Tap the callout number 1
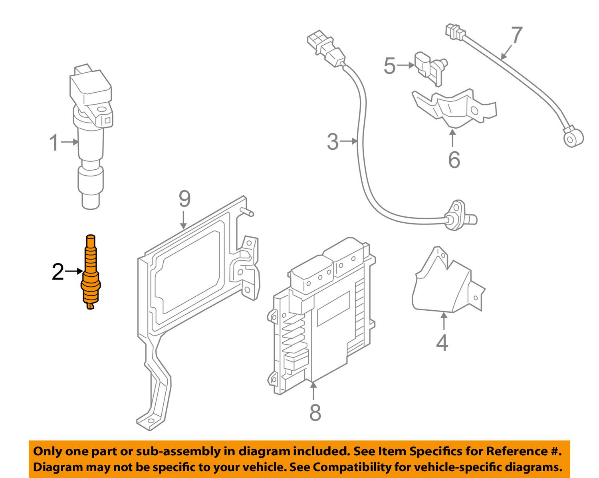pyautogui.click(x=54, y=143)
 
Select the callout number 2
pyautogui.click(x=58, y=272)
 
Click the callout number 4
pyautogui.click(x=442, y=343)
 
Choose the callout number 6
pyautogui.click(x=454, y=160)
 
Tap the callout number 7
pyautogui.click(x=516, y=36)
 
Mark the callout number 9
pyautogui.click(x=184, y=199)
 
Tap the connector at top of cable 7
pyautogui.click(x=455, y=32)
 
